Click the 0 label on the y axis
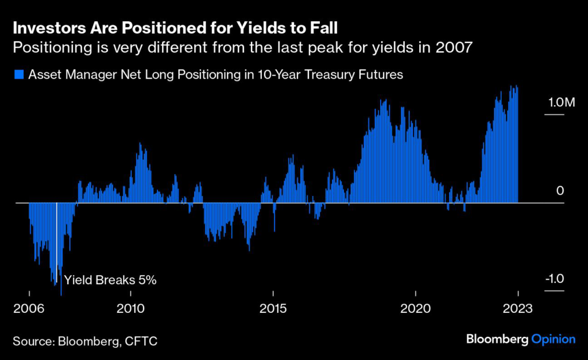point(560,191)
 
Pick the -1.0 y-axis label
point(554,279)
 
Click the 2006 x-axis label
point(29,308)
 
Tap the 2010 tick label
point(132,308)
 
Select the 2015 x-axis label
point(273,308)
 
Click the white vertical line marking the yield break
point(56,241)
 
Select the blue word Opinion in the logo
point(553,339)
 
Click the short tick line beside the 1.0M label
point(554,115)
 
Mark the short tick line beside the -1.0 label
point(554,291)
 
